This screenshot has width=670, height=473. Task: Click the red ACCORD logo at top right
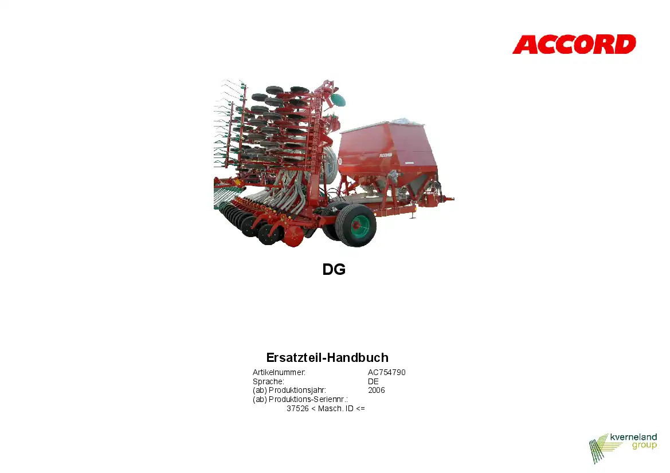click(574, 45)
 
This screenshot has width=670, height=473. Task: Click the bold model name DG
click(334, 269)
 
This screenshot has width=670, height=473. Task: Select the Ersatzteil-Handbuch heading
click(327, 357)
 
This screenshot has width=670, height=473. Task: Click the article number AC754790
click(387, 372)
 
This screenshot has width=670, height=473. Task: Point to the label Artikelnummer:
click(279, 372)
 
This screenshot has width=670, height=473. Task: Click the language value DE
click(373, 381)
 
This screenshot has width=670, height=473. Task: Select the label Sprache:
click(268, 381)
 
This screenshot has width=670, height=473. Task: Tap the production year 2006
click(377, 390)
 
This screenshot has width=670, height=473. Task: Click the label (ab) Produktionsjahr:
click(289, 390)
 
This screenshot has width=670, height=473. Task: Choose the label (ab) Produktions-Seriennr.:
click(300, 399)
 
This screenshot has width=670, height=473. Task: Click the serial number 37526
click(297, 408)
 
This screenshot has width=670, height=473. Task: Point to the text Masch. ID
click(336, 408)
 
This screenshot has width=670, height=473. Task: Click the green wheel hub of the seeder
click(360, 226)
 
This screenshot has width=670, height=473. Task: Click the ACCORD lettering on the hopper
click(385, 155)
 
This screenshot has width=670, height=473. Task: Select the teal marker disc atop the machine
click(338, 100)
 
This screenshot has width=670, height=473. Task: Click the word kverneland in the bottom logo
click(633, 437)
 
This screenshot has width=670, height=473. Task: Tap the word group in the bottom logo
click(644, 446)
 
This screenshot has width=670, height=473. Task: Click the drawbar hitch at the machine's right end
click(446, 199)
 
